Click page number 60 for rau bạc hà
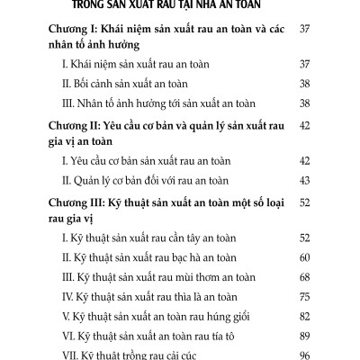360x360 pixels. [304, 256]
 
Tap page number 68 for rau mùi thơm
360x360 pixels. [304, 276]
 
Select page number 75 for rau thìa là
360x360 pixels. [304, 296]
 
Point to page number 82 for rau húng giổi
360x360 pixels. [304, 316]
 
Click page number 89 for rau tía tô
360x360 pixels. [304, 336]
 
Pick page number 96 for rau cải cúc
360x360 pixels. [304, 355]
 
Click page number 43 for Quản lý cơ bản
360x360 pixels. [304, 180]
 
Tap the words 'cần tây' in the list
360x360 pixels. [192, 238]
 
